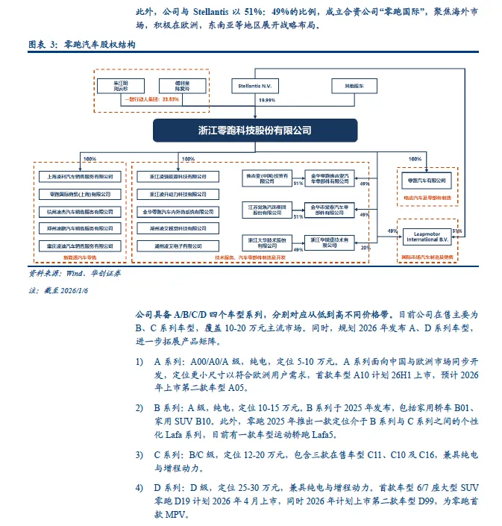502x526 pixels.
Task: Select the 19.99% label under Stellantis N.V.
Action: pos(266,99)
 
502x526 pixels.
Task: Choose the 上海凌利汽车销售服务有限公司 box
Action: pos(79,177)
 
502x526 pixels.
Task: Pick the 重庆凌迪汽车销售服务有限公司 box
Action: pos(79,244)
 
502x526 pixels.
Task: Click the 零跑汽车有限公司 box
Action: pos(424,181)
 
